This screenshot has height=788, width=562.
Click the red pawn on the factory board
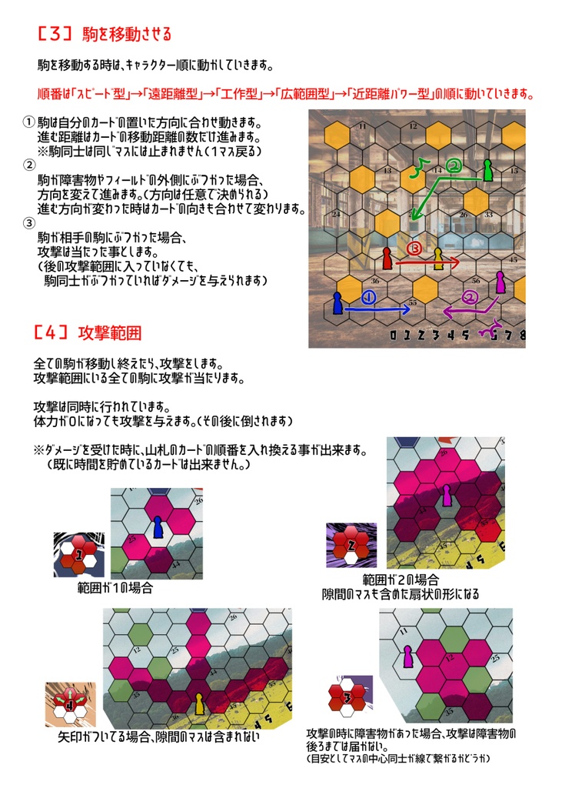click(387, 257)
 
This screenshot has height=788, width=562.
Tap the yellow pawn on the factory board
click(438, 258)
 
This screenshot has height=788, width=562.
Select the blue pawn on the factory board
click(338, 303)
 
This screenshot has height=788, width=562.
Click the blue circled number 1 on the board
click(367, 296)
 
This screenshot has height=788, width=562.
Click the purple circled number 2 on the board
click(468, 298)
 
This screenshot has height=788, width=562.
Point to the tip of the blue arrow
click(409, 310)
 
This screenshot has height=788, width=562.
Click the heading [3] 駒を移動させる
click(104, 35)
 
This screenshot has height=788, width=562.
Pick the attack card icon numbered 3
click(348, 698)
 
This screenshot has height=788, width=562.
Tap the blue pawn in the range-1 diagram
click(158, 527)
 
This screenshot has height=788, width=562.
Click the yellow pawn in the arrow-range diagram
click(200, 702)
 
